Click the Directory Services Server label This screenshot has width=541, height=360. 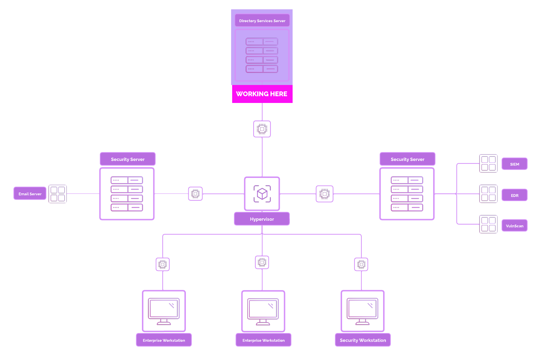click(x=262, y=21)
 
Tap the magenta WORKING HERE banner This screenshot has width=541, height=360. click(x=262, y=94)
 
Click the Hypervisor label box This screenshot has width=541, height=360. click(x=262, y=219)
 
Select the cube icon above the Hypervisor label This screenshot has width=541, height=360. click(x=262, y=193)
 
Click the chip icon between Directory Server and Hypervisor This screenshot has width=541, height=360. click(x=262, y=129)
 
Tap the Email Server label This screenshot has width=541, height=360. click(x=30, y=193)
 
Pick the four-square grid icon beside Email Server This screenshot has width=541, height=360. click(x=58, y=194)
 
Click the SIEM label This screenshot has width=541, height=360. click(x=514, y=164)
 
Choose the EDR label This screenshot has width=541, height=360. click(x=514, y=195)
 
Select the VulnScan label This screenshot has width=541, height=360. click(x=514, y=226)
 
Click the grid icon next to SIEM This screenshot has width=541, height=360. click(x=488, y=163)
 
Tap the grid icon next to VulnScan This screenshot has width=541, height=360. click(x=488, y=224)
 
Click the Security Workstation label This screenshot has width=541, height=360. click(x=363, y=340)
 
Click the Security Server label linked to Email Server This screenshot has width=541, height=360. click(x=128, y=159)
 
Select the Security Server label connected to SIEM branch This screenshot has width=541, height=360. click(x=408, y=159)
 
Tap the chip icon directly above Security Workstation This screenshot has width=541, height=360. click(x=361, y=264)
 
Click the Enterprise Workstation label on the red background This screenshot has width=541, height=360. click(x=264, y=340)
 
